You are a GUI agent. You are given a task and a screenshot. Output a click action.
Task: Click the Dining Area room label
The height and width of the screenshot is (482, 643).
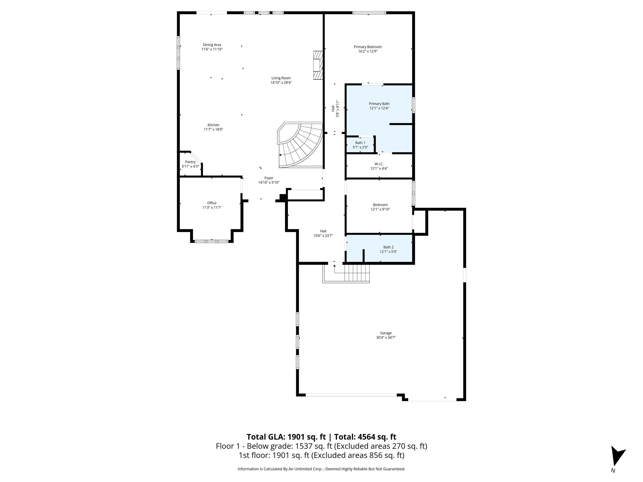212,45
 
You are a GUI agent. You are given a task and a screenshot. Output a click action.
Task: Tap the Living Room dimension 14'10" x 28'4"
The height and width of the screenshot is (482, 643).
281,82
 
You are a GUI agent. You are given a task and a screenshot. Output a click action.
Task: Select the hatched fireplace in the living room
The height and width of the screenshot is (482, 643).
318,65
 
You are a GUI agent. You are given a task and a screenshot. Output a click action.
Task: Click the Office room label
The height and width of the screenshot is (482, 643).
212,203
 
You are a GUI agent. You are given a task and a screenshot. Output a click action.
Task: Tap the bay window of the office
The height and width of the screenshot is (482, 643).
212,241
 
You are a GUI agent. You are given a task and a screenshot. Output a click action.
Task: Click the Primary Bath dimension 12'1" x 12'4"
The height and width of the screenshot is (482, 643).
379,108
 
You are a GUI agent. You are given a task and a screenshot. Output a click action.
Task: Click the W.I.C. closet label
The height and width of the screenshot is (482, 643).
379,164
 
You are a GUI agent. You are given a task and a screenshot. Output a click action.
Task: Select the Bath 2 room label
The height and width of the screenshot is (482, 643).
388,247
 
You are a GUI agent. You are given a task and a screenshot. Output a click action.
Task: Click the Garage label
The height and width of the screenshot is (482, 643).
386,333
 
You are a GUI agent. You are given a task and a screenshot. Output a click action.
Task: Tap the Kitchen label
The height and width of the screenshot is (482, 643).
213,125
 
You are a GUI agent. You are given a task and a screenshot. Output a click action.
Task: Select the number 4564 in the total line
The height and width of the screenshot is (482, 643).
368,437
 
